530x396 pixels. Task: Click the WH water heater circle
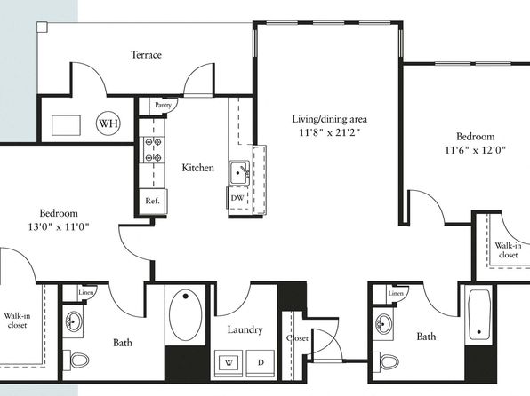tap(108, 123)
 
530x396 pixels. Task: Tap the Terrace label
tap(146, 55)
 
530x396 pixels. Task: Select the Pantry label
tap(163, 105)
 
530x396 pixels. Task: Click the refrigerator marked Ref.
tap(152, 201)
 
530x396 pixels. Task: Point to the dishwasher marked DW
tap(237, 198)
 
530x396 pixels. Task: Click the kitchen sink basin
tap(238, 173)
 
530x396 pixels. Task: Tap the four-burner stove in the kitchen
tap(153, 149)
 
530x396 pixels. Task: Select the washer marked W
tap(229, 363)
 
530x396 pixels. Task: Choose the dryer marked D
tap(261, 363)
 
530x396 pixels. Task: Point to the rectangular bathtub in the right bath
tap(479, 314)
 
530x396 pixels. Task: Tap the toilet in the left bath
tap(77, 360)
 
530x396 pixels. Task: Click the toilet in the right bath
tap(387, 362)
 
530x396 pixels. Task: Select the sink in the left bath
tap(73, 321)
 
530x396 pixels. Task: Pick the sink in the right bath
tap(383, 324)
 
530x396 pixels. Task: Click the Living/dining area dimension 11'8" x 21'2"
tap(329, 132)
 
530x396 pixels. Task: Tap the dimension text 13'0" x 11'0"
tap(59, 227)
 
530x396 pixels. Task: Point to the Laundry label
tap(245, 329)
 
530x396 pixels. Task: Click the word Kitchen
tap(197, 168)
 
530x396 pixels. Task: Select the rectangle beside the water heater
tap(66, 125)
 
